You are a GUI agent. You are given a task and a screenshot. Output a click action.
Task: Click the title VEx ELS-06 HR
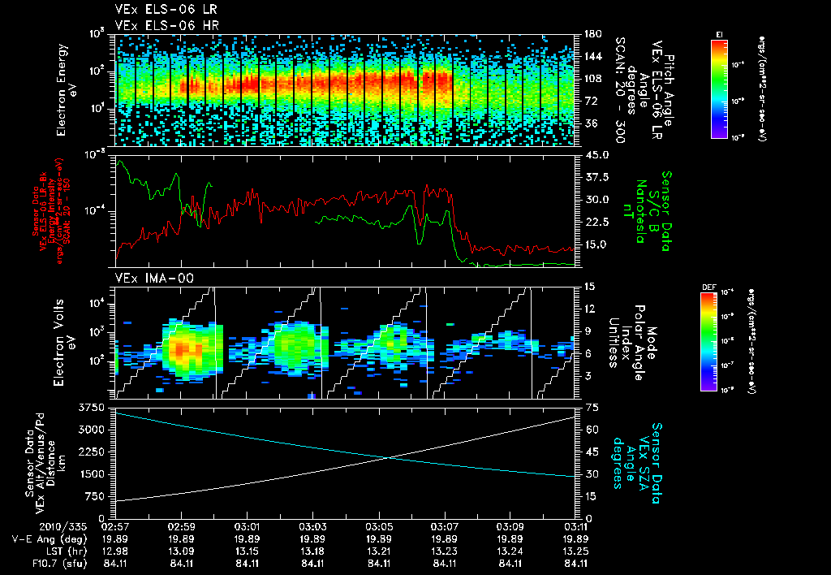point(158,26)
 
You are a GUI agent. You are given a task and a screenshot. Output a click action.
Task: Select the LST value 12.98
point(116,551)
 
